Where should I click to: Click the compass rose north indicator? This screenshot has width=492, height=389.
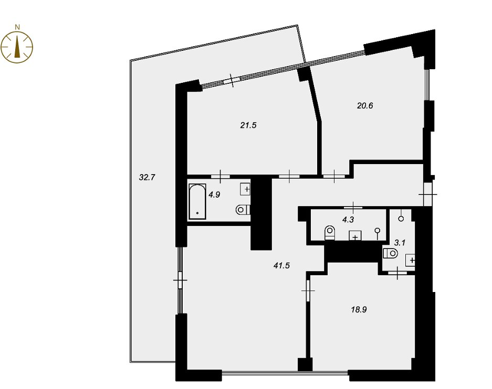tap(17, 47)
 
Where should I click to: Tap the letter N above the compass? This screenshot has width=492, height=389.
tap(17, 27)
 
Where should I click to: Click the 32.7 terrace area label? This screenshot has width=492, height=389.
tap(147, 178)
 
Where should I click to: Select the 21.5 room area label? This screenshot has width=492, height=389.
tap(248, 126)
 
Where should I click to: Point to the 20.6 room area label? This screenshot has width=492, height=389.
tap(365, 106)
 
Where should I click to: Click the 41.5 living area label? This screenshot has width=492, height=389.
tap(281, 266)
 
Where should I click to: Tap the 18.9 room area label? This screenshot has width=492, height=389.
tap(359, 310)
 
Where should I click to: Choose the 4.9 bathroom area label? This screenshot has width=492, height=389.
tap(214, 195)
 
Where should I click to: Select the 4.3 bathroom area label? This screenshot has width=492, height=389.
tap(348, 220)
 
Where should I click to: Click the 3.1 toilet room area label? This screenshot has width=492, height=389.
tap(400, 243)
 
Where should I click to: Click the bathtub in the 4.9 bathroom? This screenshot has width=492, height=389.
tap(197, 201)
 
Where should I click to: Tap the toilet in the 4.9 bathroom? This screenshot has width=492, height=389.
tap(243, 210)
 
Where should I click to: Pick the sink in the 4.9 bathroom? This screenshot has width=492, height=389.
tap(245, 189)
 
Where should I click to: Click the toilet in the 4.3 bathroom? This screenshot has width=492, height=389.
tap(330, 233)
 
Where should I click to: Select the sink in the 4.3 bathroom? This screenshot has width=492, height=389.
tap(355, 236)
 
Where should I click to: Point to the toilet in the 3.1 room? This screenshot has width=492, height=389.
tap(390, 253)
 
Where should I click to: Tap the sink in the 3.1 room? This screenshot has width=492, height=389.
tap(411, 260)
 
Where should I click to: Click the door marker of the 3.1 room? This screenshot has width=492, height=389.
tap(397, 273)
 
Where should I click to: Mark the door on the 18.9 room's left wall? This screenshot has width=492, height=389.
tap(308, 291)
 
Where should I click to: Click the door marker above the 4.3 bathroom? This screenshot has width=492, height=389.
tap(353, 207)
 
